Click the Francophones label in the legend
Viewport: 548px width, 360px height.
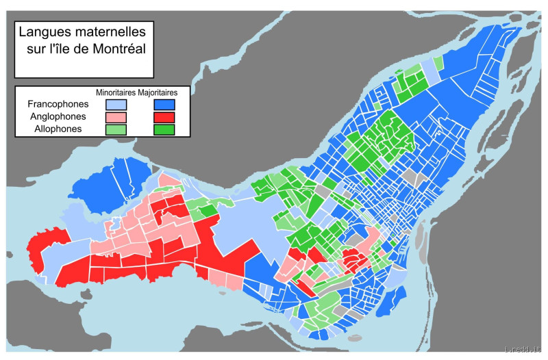click(x=58, y=104)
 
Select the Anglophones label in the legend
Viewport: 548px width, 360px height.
click(x=58, y=116)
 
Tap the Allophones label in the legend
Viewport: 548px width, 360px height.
click(x=58, y=128)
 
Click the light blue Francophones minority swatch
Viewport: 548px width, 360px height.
click(x=115, y=105)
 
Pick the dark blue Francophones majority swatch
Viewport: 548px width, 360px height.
click(x=164, y=105)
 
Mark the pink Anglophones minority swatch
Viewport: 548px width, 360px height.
click(x=115, y=117)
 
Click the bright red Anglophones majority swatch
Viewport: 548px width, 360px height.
click(x=164, y=117)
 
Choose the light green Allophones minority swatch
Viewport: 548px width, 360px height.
click(x=115, y=129)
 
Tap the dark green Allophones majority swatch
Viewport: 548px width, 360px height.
click(x=164, y=129)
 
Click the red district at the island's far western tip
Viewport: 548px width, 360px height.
click(x=48, y=240)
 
